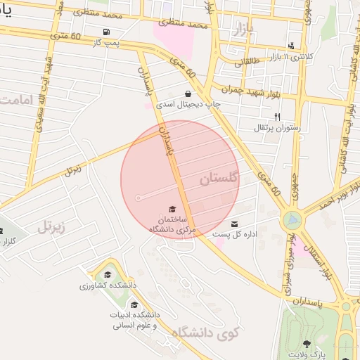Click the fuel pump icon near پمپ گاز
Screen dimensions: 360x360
(x=105, y=32)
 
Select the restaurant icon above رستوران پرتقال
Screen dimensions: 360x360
(x=277, y=117)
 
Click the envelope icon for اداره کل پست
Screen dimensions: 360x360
(x=235, y=223)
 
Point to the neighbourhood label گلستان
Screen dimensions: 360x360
(x=220, y=179)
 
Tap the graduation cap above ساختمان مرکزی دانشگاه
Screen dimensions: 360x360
(x=172, y=209)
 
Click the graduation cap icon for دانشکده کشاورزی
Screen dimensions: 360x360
(x=108, y=275)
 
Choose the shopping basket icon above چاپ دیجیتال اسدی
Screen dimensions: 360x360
(x=188, y=94)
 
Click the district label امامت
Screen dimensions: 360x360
(x=16, y=100)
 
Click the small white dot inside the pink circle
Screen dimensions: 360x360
(x=138, y=198)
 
